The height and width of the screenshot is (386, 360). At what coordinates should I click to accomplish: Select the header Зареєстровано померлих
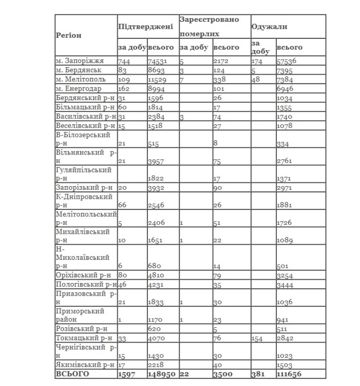[209, 27]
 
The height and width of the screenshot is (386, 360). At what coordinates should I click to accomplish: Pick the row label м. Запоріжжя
[79, 60]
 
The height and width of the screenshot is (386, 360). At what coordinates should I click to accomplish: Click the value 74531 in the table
[158, 61]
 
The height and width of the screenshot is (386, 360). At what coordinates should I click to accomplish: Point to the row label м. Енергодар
[78, 88]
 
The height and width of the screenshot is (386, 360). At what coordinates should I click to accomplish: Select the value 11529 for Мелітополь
[158, 79]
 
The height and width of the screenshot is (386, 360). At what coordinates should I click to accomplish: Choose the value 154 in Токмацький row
[258, 338]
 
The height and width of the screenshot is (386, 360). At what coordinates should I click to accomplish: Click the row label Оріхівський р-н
[83, 274]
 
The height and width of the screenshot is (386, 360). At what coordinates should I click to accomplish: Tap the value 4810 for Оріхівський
[156, 274]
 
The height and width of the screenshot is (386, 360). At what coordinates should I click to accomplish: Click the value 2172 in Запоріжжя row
[221, 61]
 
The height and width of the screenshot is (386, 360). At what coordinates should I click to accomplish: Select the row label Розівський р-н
[82, 328]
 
